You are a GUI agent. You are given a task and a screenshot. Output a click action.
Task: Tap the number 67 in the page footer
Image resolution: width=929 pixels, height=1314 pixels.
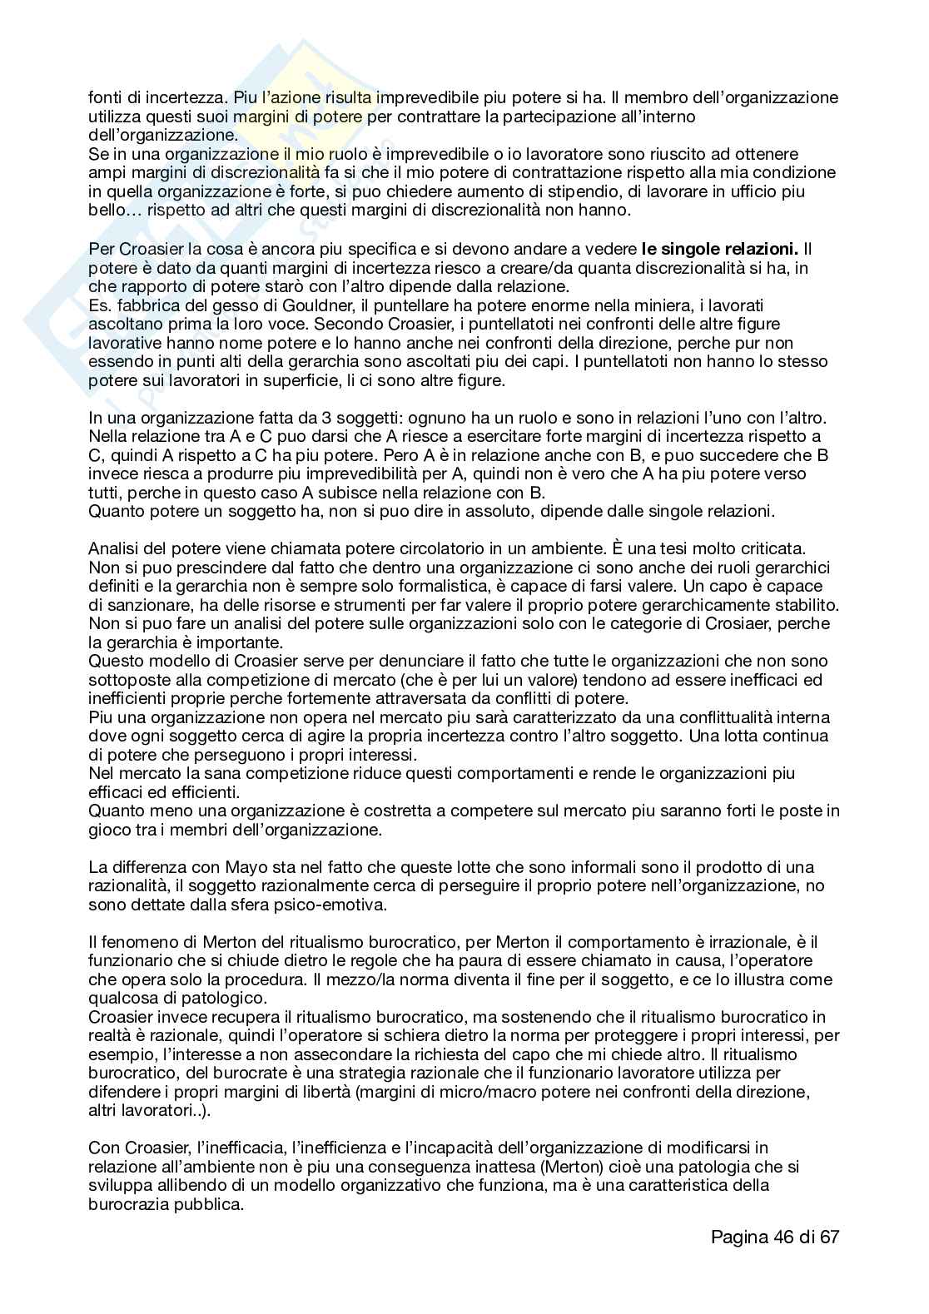(x=828, y=1237)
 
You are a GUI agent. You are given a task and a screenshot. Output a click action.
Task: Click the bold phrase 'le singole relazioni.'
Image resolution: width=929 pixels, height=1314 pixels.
(x=720, y=249)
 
